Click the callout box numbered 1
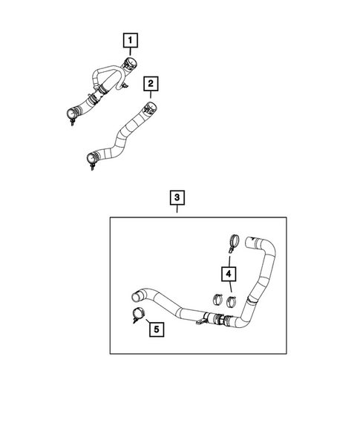coord(130,39)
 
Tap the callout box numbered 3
coord(177,198)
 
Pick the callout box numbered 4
coord(228,275)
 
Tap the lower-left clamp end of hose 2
coord(91,158)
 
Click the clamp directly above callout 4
coord(231,242)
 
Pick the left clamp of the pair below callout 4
coord(219,301)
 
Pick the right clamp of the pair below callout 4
coord(232,301)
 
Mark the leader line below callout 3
coord(177,211)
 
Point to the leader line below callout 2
coord(151,95)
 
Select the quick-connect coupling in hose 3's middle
coord(219,320)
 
